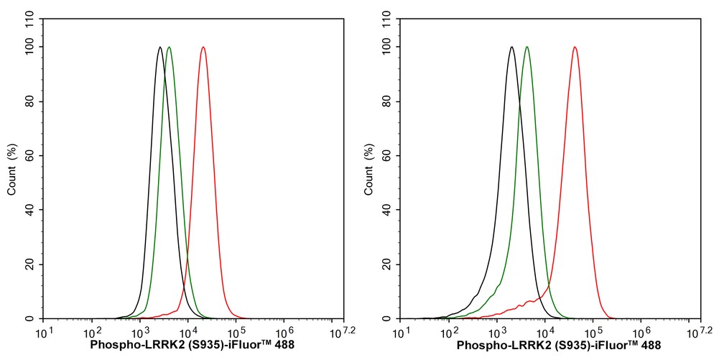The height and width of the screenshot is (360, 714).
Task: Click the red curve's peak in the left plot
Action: [203, 47]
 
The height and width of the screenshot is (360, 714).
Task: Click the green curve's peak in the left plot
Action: [169, 47]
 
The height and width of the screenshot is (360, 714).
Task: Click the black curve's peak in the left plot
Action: [159, 47]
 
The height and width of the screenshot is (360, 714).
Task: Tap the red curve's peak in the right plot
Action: [575, 47]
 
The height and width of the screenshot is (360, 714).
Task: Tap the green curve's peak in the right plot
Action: [527, 47]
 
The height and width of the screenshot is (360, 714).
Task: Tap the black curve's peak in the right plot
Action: [511, 47]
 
